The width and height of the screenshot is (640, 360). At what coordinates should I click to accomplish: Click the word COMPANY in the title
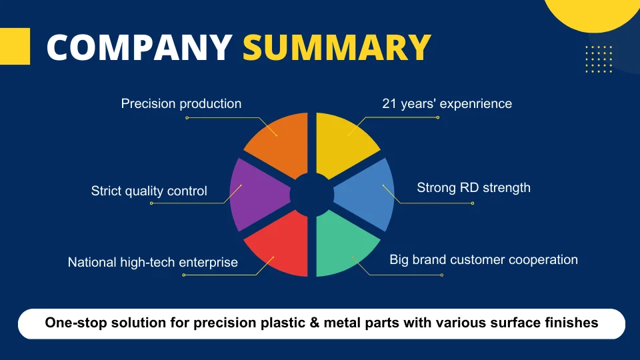tap(139, 47)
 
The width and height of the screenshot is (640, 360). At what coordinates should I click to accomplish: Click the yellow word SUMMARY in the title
tap(337, 47)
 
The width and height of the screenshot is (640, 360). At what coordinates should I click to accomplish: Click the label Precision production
tap(181, 104)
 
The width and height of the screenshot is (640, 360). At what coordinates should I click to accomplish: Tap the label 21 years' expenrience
tap(447, 104)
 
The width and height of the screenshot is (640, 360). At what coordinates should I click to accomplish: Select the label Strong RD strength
tap(473, 188)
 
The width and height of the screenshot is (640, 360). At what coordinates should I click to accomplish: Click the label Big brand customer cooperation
tap(484, 259)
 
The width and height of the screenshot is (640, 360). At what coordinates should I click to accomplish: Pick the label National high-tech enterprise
tap(153, 262)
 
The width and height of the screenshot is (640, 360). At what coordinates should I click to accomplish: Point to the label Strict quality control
tap(149, 191)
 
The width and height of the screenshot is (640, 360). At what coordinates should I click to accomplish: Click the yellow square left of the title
tap(15, 46)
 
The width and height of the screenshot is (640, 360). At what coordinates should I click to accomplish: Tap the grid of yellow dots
tap(599, 59)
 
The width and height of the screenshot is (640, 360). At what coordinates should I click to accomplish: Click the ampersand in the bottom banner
tap(314, 323)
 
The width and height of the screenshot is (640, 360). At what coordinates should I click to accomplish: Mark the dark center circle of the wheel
tap(312, 195)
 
